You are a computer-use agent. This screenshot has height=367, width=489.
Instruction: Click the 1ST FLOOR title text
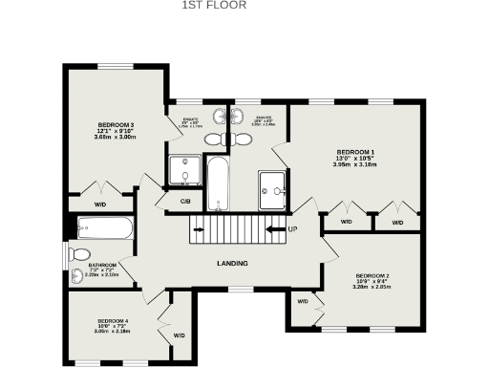214,5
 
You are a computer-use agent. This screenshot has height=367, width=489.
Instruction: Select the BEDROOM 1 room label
354,152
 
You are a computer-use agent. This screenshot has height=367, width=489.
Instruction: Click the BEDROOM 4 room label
113,320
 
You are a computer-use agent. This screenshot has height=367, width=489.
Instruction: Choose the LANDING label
233,263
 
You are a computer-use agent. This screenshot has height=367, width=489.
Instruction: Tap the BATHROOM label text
102,265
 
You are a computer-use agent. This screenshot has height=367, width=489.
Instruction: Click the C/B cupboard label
185,201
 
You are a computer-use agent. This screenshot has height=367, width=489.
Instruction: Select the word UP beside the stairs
292,229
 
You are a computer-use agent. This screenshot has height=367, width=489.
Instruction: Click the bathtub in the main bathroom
104,228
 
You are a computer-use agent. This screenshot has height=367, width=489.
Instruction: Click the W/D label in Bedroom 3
99,205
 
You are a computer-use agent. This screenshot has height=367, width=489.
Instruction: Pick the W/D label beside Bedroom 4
179,335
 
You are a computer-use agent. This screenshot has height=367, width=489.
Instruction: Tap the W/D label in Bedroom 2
303,302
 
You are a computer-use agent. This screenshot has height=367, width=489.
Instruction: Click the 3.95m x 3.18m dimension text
354,165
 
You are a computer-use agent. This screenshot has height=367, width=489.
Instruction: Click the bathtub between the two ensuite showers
217,183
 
